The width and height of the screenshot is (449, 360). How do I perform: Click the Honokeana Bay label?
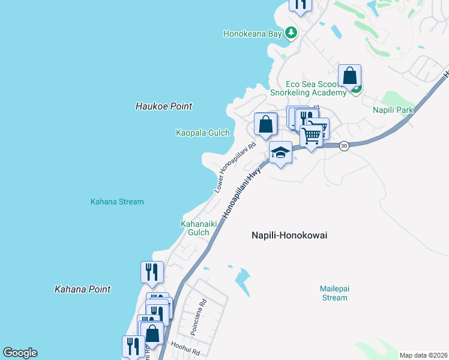pyautogui.click(x=252, y=34)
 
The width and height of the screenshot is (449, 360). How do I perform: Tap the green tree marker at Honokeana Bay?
pyautogui.click(x=291, y=32)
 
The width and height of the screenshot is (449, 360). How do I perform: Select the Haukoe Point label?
pyautogui.click(x=164, y=106)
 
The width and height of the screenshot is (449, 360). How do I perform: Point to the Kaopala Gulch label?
pyautogui.click(x=203, y=133)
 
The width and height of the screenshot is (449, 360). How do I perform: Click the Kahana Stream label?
pyautogui.click(x=117, y=202)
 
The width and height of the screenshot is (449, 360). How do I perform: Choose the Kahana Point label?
pyautogui.click(x=82, y=289)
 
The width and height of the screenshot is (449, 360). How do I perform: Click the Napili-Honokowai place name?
pyautogui.click(x=289, y=235)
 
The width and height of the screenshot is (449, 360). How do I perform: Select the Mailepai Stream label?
pyautogui.click(x=334, y=293)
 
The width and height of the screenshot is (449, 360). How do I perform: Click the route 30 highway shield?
pyautogui.click(x=343, y=146)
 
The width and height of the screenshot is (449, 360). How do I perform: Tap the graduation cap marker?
pyautogui.click(x=280, y=153)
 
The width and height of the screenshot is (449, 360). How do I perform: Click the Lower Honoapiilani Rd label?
pyautogui.click(x=236, y=167)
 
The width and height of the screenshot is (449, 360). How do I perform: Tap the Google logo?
pyautogui.click(x=20, y=353)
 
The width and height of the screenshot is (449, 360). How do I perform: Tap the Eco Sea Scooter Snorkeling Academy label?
pyautogui.click(x=308, y=88)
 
